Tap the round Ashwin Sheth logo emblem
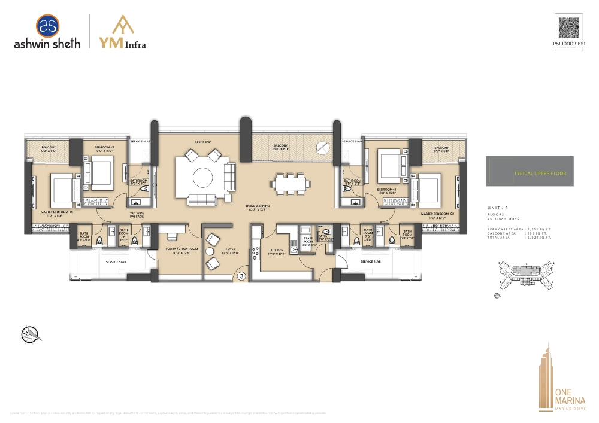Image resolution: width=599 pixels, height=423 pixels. click(x=47, y=26)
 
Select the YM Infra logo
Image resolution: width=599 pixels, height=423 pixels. click(x=122, y=32)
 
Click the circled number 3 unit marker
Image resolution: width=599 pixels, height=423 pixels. click(x=241, y=276)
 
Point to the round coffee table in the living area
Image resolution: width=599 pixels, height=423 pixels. click(x=201, y=178)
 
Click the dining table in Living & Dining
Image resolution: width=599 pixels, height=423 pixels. click(x=289, y=183)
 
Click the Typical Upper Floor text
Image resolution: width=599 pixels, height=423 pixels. click(x=540, y=173)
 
